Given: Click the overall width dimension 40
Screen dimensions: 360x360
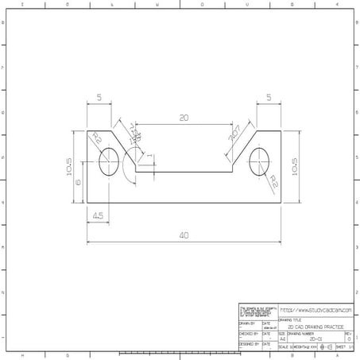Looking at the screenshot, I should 184,235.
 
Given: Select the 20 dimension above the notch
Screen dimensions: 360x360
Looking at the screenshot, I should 184,118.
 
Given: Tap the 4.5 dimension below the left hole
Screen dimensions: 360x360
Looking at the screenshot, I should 97,215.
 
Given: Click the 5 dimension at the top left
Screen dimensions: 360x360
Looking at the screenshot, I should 99,98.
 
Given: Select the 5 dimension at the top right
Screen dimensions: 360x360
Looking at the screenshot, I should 269,98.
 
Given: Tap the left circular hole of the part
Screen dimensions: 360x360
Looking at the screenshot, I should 107,161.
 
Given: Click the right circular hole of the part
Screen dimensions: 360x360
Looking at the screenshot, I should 260,161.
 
